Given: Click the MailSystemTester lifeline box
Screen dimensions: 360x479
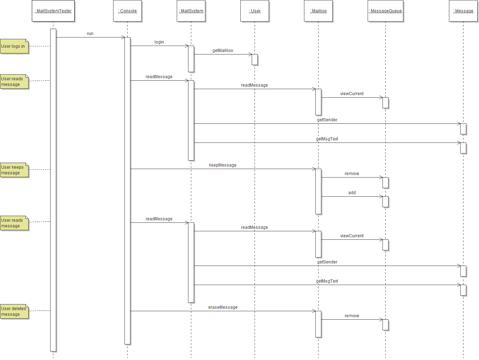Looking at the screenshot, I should [x=53, y=11].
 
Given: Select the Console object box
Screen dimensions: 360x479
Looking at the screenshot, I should [x=127, y=11].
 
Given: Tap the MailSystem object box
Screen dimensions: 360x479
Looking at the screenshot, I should [x=191, y=11].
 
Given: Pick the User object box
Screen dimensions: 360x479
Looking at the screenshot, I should [x=255, y=11].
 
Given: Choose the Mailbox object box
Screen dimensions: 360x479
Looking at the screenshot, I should [x=318, y=11].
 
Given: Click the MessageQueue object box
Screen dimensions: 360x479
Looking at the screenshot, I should [x=385, y=11].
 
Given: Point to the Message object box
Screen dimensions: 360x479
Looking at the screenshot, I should [x=463, y=11].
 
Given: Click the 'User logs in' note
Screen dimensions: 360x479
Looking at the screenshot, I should [x=14, y=46].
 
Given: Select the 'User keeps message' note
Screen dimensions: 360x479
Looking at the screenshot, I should [x=14, y=170].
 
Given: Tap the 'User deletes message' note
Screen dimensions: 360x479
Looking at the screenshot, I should [x=14, y=312].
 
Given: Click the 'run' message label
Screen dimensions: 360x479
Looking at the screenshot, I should [x=90, y=34].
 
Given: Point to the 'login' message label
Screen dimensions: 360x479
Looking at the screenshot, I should [x=159, y=42].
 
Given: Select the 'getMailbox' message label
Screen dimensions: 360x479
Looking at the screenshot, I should [x=223, y=51].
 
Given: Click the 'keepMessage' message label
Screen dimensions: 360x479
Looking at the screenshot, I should [x=223, y=165].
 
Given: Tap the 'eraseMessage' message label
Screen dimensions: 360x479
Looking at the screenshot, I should [x=223, y=307].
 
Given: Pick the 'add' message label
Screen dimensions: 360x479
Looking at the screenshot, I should [x=352, y=193].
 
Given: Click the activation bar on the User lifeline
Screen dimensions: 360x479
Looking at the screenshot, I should [x=255, y=60].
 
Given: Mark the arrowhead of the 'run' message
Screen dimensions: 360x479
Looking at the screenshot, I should [x=123, y=37].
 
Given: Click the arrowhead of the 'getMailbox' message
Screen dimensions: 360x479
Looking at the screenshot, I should [x=250, y=54].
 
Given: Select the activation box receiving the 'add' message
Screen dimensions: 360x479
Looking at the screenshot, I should [x=385, y=202].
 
